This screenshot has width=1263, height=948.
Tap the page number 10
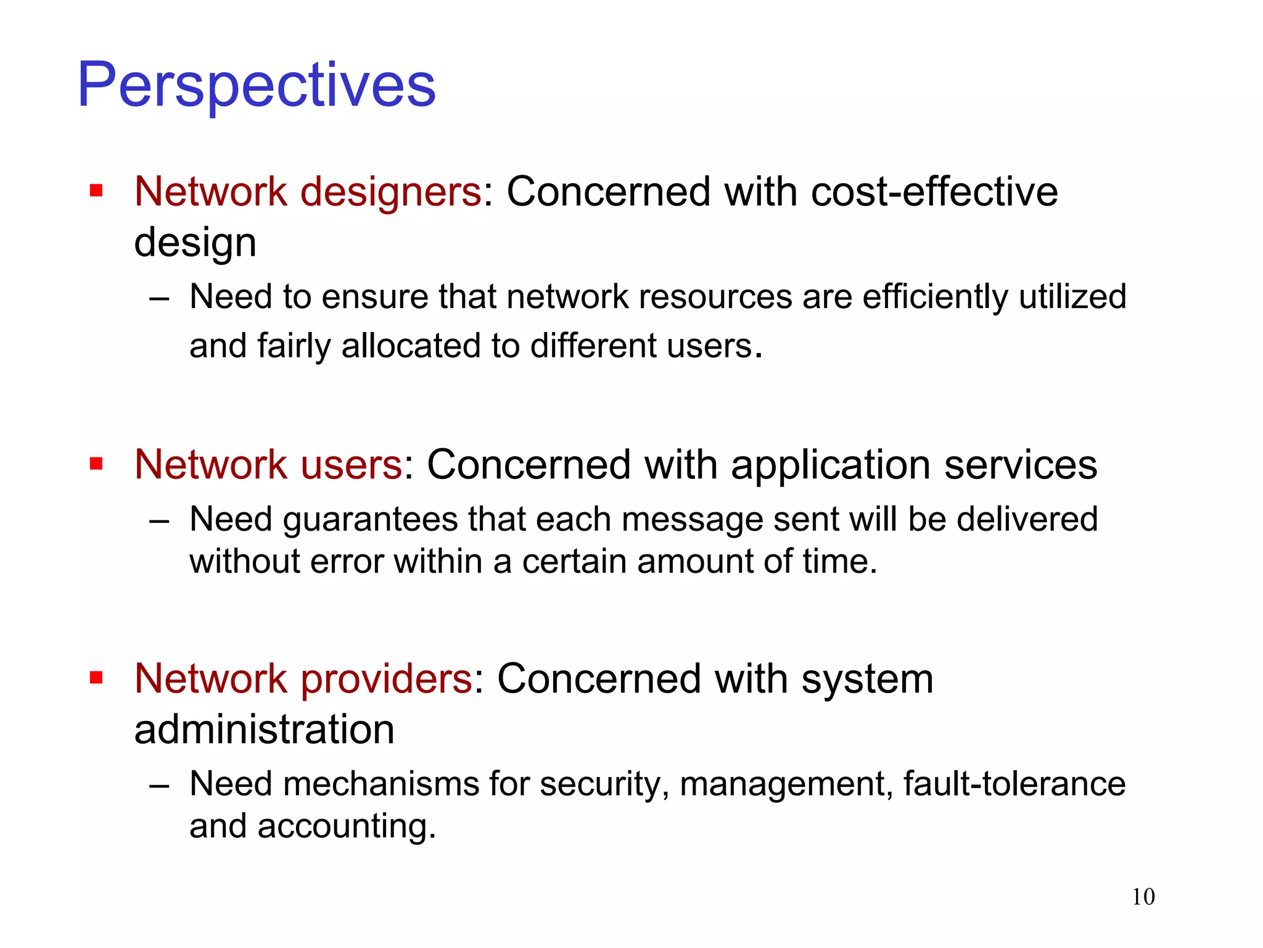pyautogui.click(x=1143, y=897)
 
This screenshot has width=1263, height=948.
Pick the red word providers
pyautogui.click(x=387, y=679)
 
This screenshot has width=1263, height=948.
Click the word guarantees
pyautogui.click(x=370, y=519)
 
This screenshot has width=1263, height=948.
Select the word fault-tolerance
pyautogui.click(x=1014, y=784)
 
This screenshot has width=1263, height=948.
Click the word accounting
pyautogui.click(x=346, y=826)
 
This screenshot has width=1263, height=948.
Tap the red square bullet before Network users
pyautogui.click(x=96, y=464)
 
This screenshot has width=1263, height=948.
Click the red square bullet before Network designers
pyautogui.click(x=96, y=191)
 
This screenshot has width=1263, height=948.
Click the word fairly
pyautogui.click(x=294, y=346)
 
